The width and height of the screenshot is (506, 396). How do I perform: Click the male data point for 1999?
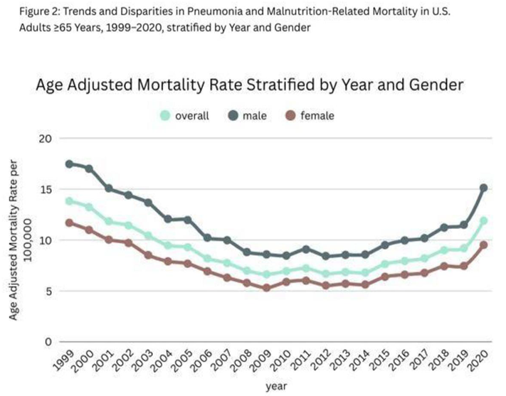pyautogui.click(x=69, y=164)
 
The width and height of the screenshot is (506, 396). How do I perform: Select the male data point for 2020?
pyautogui.click(x=483, y=188)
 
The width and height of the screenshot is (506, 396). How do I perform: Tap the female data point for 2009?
pyautogui.click(x=267, y=288)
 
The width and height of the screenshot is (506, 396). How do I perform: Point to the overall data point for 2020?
pyautogui.click(x=483, y=221)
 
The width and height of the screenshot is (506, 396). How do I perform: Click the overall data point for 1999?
pyautogui.click(x=69, y=201)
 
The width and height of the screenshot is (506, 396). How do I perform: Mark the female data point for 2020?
pyautogui.click(x=483, y=245)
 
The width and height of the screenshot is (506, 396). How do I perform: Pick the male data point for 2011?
pyautogui.click(x=306, y=250)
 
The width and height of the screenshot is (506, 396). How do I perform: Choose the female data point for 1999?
pyautogui.click(x=69, y=223)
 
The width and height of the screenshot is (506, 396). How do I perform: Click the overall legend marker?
pyautogui.click(x=165, y=115)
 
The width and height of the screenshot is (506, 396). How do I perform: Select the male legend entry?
pyautogui.click(x=248, y=115)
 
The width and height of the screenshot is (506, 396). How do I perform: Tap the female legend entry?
pyautogui.click(x=310, y=115)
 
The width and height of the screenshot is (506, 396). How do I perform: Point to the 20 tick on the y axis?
pyautogui.click(x=46, y=139)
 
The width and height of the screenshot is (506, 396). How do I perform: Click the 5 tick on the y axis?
pyautogui.click(x=48, y=291)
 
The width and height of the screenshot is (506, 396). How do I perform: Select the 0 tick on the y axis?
pyautogui.click(x=48, y=342)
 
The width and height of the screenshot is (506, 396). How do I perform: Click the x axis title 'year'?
pyautogui.click(x=276, y=386)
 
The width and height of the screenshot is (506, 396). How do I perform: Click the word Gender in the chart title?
pyautogui.click(x=436, y=85)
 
